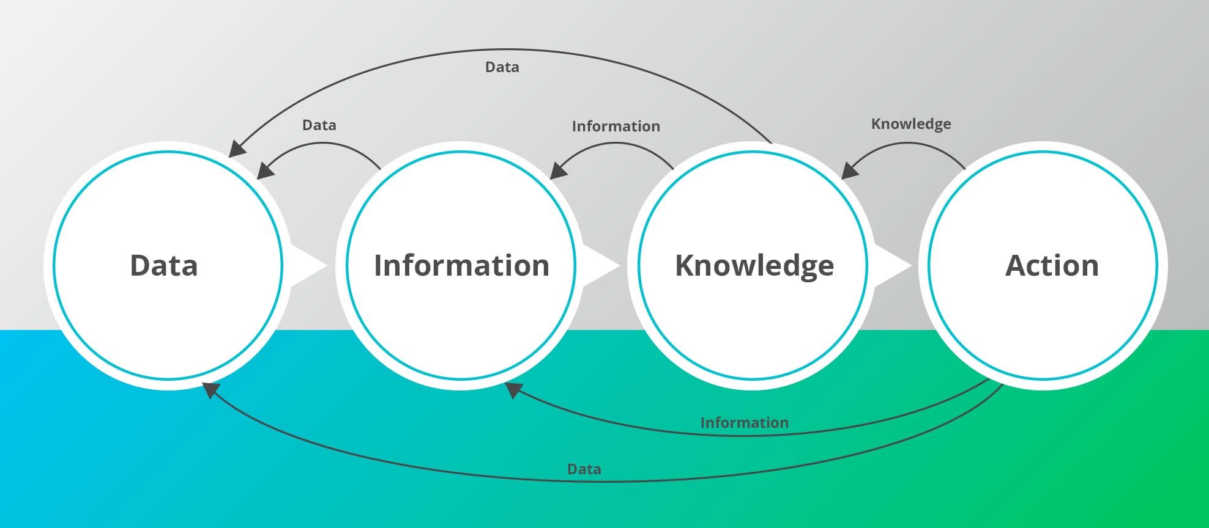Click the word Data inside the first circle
(x=164, y=266)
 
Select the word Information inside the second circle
(x=461, y=266)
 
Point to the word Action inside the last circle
(x=1052, y=266)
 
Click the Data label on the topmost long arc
(x=502, y=67)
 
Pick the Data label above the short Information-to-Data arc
(x=319, y=125)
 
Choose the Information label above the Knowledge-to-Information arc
(x=616, y=127)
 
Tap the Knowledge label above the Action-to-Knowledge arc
(x=910, y=124)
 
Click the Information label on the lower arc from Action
(x=744, y=423)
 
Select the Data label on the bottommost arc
(x=584, y=469)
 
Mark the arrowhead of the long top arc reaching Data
(x=237, y=149)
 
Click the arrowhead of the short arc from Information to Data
(x=265, y=171)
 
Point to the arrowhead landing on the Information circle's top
(x=558, y=171)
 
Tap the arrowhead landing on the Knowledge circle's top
(x=849, y=171)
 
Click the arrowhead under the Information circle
(x=513, y=389)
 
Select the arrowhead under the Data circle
(x=211, y=389)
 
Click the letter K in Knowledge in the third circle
(x=685, y=266)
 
